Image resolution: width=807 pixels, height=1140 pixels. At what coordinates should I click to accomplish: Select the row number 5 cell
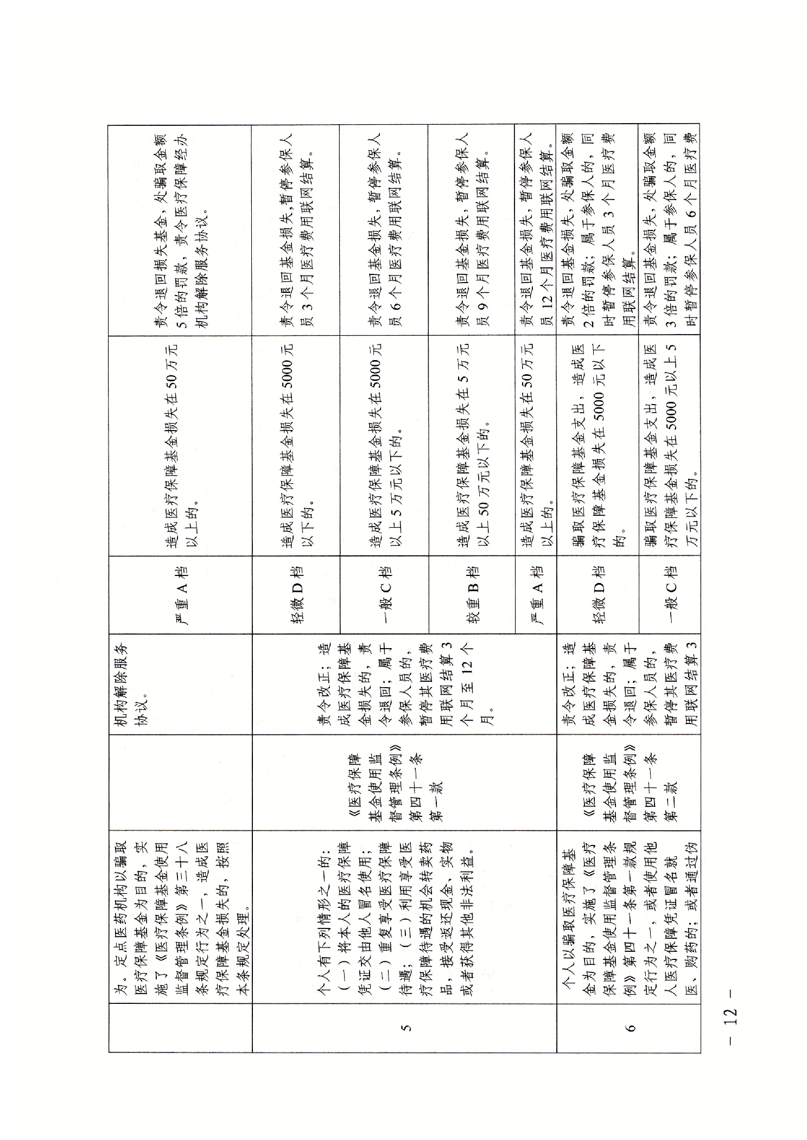(404, 1027)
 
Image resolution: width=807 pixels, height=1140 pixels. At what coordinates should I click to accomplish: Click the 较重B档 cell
(471, 594)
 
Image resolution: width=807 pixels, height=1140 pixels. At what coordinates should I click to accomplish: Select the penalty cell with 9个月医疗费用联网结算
(471, 230)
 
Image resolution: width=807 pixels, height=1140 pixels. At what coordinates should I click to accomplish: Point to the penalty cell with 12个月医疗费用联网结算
(535, 230)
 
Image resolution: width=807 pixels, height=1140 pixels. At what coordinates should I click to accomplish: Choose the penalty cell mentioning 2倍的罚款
(597, 230)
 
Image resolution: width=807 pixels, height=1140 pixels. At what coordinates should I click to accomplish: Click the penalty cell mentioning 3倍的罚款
(669, 230)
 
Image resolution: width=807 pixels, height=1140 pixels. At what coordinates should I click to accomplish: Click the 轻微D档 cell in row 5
(296, 594)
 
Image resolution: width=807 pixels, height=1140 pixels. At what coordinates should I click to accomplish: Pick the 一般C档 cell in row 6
(669, 594)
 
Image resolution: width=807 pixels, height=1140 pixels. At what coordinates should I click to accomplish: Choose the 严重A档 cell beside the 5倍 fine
(180, 594)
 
